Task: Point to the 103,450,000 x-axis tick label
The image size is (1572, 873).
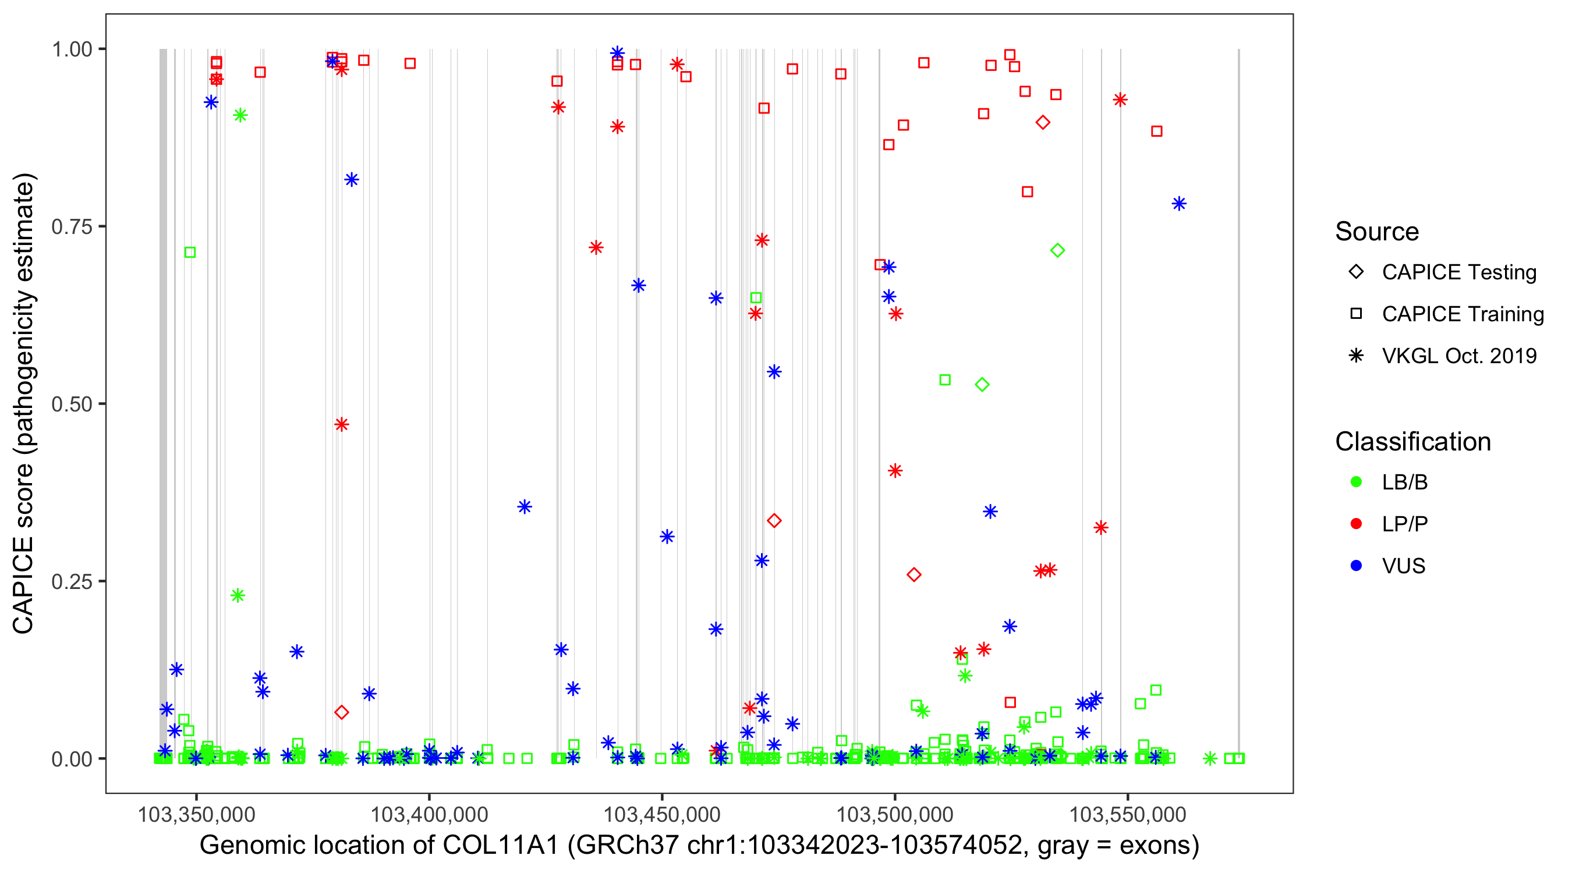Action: (662, 814)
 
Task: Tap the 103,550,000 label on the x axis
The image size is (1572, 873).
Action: (1128, 814)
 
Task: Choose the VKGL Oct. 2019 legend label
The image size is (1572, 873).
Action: (1459, 356)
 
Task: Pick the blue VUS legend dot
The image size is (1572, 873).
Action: (1356, 566)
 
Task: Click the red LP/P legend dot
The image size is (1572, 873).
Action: (1356, 524)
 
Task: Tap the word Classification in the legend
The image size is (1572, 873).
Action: (1412, 442)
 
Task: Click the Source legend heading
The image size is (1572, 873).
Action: (1377, 232)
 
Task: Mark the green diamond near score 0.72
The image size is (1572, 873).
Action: (1057, 250)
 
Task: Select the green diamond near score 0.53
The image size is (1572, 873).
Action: (982, 384)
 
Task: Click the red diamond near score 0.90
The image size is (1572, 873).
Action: (1043, 123)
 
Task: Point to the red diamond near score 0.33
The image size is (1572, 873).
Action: (774, 520)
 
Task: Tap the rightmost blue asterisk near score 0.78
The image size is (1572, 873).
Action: (1179, 204)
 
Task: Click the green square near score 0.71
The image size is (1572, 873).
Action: (190, 253)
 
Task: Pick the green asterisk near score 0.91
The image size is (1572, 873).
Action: (240, 115)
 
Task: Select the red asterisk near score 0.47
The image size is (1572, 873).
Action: (342, 425)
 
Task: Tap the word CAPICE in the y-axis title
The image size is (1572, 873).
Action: (23, 585)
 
